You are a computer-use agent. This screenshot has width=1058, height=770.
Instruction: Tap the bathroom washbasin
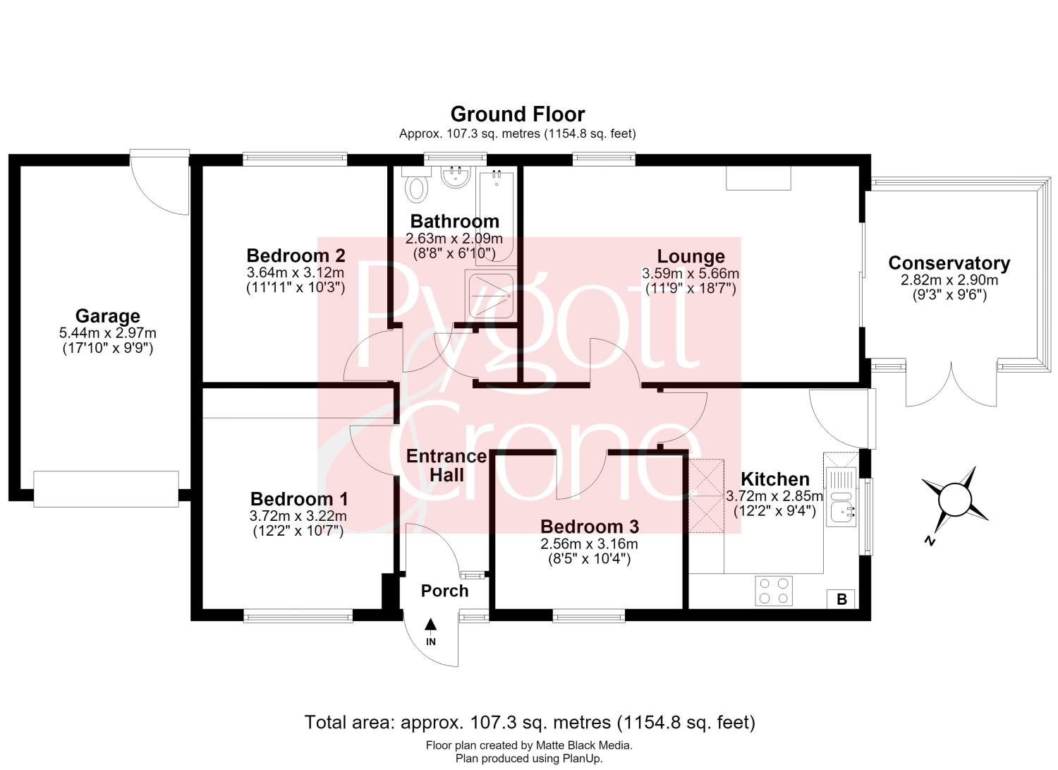click(456, 176)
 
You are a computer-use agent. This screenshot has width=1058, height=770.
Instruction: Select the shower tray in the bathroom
click(491, 296)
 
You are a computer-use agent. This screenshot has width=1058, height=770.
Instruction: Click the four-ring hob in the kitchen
click(774, 591)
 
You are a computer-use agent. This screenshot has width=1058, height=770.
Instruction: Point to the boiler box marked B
click(841, 599)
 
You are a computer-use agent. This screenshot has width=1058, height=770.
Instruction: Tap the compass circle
click(954, 500)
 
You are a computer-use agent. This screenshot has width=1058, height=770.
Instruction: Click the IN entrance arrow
click(430, 625)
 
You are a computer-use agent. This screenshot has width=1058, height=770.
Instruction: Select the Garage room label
click(108, 315)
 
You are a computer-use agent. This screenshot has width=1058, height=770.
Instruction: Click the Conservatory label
click(949, 263)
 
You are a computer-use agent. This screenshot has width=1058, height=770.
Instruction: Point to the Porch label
click(444, 591)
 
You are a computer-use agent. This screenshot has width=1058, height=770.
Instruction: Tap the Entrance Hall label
click(446, 466)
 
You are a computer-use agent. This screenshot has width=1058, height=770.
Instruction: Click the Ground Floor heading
click(518, 114)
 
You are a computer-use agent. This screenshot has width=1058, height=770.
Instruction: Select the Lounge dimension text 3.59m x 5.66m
click(691, 273)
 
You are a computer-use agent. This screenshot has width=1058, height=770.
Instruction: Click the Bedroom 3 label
click(590, 527)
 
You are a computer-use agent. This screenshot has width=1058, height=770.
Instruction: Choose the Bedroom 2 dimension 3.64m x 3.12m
click(296, 272)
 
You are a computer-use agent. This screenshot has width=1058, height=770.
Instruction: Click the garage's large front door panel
click(107, 489)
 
